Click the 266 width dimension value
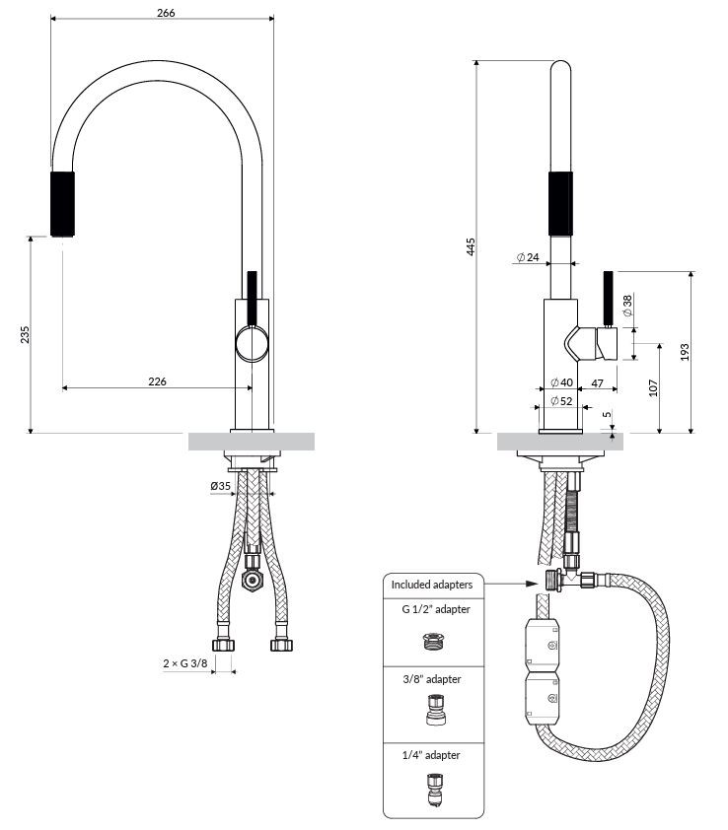coord(166,13)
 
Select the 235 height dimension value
coord(25,335)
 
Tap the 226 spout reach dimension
coord(158,381)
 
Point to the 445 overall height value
coord(471,247)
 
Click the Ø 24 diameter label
coord(528,257)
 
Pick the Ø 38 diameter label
coord(627,306)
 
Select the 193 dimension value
coord(685,353)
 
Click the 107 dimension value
coord(653,388)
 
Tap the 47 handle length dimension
coord(597,383)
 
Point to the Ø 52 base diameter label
coord(561,401)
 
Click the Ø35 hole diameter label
coord(220,486)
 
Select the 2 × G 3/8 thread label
coord(185,662)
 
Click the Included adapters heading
coord(432,585)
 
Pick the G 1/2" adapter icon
coord(434,641)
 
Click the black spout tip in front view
coord(62,204)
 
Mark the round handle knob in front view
coord(253,344)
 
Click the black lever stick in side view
coord(609,299)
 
